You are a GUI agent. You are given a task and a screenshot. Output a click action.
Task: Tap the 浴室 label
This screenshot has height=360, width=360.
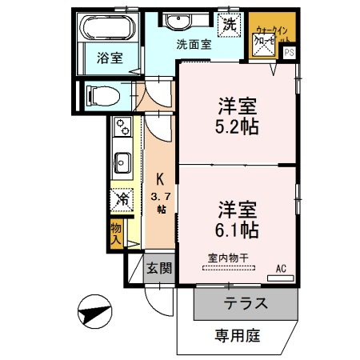109,58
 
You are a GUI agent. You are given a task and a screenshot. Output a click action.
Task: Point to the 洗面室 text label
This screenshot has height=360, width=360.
194,45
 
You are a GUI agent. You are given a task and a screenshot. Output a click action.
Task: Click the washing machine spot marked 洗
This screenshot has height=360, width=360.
230,25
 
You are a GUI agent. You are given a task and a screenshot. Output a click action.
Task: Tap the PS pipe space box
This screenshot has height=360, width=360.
289,54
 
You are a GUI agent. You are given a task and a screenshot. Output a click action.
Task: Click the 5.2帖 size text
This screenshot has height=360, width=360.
235,127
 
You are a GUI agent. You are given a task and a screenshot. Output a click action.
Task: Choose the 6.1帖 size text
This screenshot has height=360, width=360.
235,230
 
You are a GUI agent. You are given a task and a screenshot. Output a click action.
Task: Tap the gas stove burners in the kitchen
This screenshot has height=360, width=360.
123,126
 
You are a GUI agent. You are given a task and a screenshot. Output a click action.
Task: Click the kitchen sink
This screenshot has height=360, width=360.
123,163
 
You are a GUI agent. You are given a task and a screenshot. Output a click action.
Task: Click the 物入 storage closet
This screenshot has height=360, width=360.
115,234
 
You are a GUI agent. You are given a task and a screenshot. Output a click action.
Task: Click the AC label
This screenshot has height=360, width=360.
281,268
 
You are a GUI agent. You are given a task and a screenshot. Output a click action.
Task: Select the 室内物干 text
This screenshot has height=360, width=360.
227,258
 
